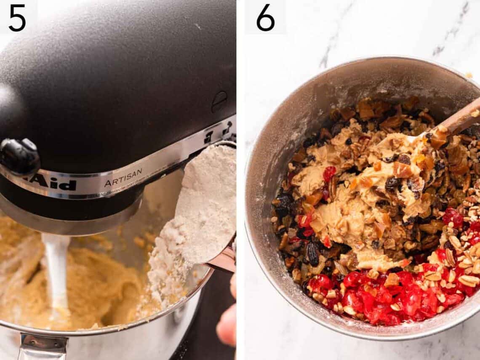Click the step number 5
(17, 18)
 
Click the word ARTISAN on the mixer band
(123, 177)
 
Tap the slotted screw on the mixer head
(219, 101)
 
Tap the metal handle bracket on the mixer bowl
(42, 347)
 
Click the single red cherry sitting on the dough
(329, 173)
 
